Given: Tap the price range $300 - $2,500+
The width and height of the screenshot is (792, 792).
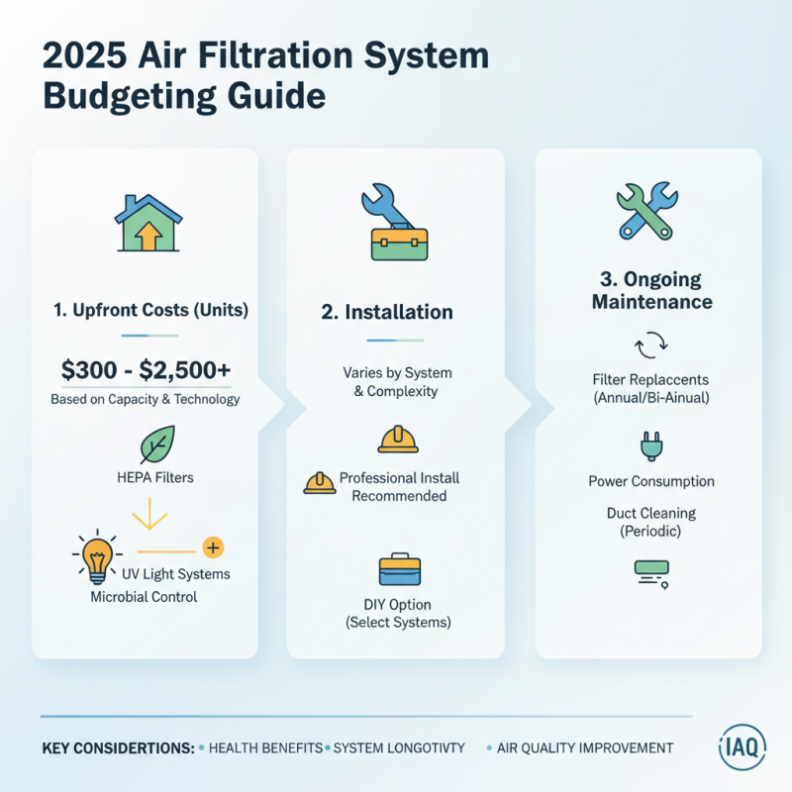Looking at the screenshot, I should (x=146, y=371).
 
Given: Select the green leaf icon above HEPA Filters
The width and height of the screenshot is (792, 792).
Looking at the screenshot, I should (x=156, y=445).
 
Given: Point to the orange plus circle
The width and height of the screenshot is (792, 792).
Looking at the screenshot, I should (x=211, y=547).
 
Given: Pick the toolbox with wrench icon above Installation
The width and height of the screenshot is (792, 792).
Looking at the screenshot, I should (x=394, y=226).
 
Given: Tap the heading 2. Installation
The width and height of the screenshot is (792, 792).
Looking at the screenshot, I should (x=387, y=313).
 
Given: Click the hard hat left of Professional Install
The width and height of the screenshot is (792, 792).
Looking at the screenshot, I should (x=319, y=483).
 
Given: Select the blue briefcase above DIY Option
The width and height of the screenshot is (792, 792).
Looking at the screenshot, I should (x=400, y=570).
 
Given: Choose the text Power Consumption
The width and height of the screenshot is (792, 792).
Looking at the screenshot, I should (x=650, y=481).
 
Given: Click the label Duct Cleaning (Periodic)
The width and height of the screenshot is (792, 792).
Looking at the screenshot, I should (x=650, y=522).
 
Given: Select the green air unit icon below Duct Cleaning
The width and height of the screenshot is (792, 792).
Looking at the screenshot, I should (x=650, y=573).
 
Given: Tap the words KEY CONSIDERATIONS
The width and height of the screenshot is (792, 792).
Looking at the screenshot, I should (x=118, y=748).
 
